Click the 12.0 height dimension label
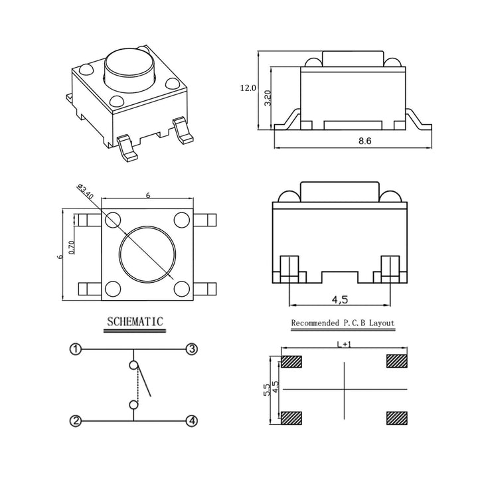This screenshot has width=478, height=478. coord(248,88)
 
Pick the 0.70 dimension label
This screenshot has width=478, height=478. coord(72,247)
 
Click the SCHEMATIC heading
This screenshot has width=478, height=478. coord(135,322)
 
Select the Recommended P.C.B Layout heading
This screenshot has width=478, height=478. coord(343,324)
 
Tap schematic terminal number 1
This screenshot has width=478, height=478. coord(76,349)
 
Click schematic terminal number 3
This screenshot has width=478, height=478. coord(191,349)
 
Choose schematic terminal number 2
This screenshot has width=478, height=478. coord(76,421)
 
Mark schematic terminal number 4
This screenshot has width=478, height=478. coord(191,421)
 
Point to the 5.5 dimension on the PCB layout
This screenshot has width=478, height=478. coord(266,389)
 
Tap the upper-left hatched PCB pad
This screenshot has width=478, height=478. coord(291,362)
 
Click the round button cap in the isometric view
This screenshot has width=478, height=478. coord(129,70)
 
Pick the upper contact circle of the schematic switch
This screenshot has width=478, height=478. coord(133,365)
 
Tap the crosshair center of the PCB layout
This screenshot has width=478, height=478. coord(345,389)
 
